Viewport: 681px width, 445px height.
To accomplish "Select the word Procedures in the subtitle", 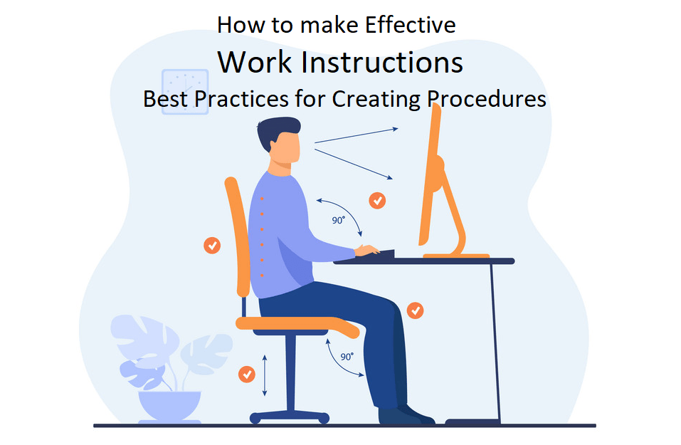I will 487,98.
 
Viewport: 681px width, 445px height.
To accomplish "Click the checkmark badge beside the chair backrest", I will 212,245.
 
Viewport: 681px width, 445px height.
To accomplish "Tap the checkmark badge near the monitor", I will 377,200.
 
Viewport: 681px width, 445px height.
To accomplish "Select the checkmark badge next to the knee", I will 415,310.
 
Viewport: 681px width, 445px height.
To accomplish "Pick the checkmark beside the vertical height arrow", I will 246,374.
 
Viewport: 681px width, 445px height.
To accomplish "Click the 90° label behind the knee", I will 347,356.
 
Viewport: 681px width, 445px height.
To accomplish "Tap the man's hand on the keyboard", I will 367,249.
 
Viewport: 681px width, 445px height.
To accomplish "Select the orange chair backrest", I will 238,235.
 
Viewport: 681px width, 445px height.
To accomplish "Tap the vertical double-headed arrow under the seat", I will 265,374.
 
